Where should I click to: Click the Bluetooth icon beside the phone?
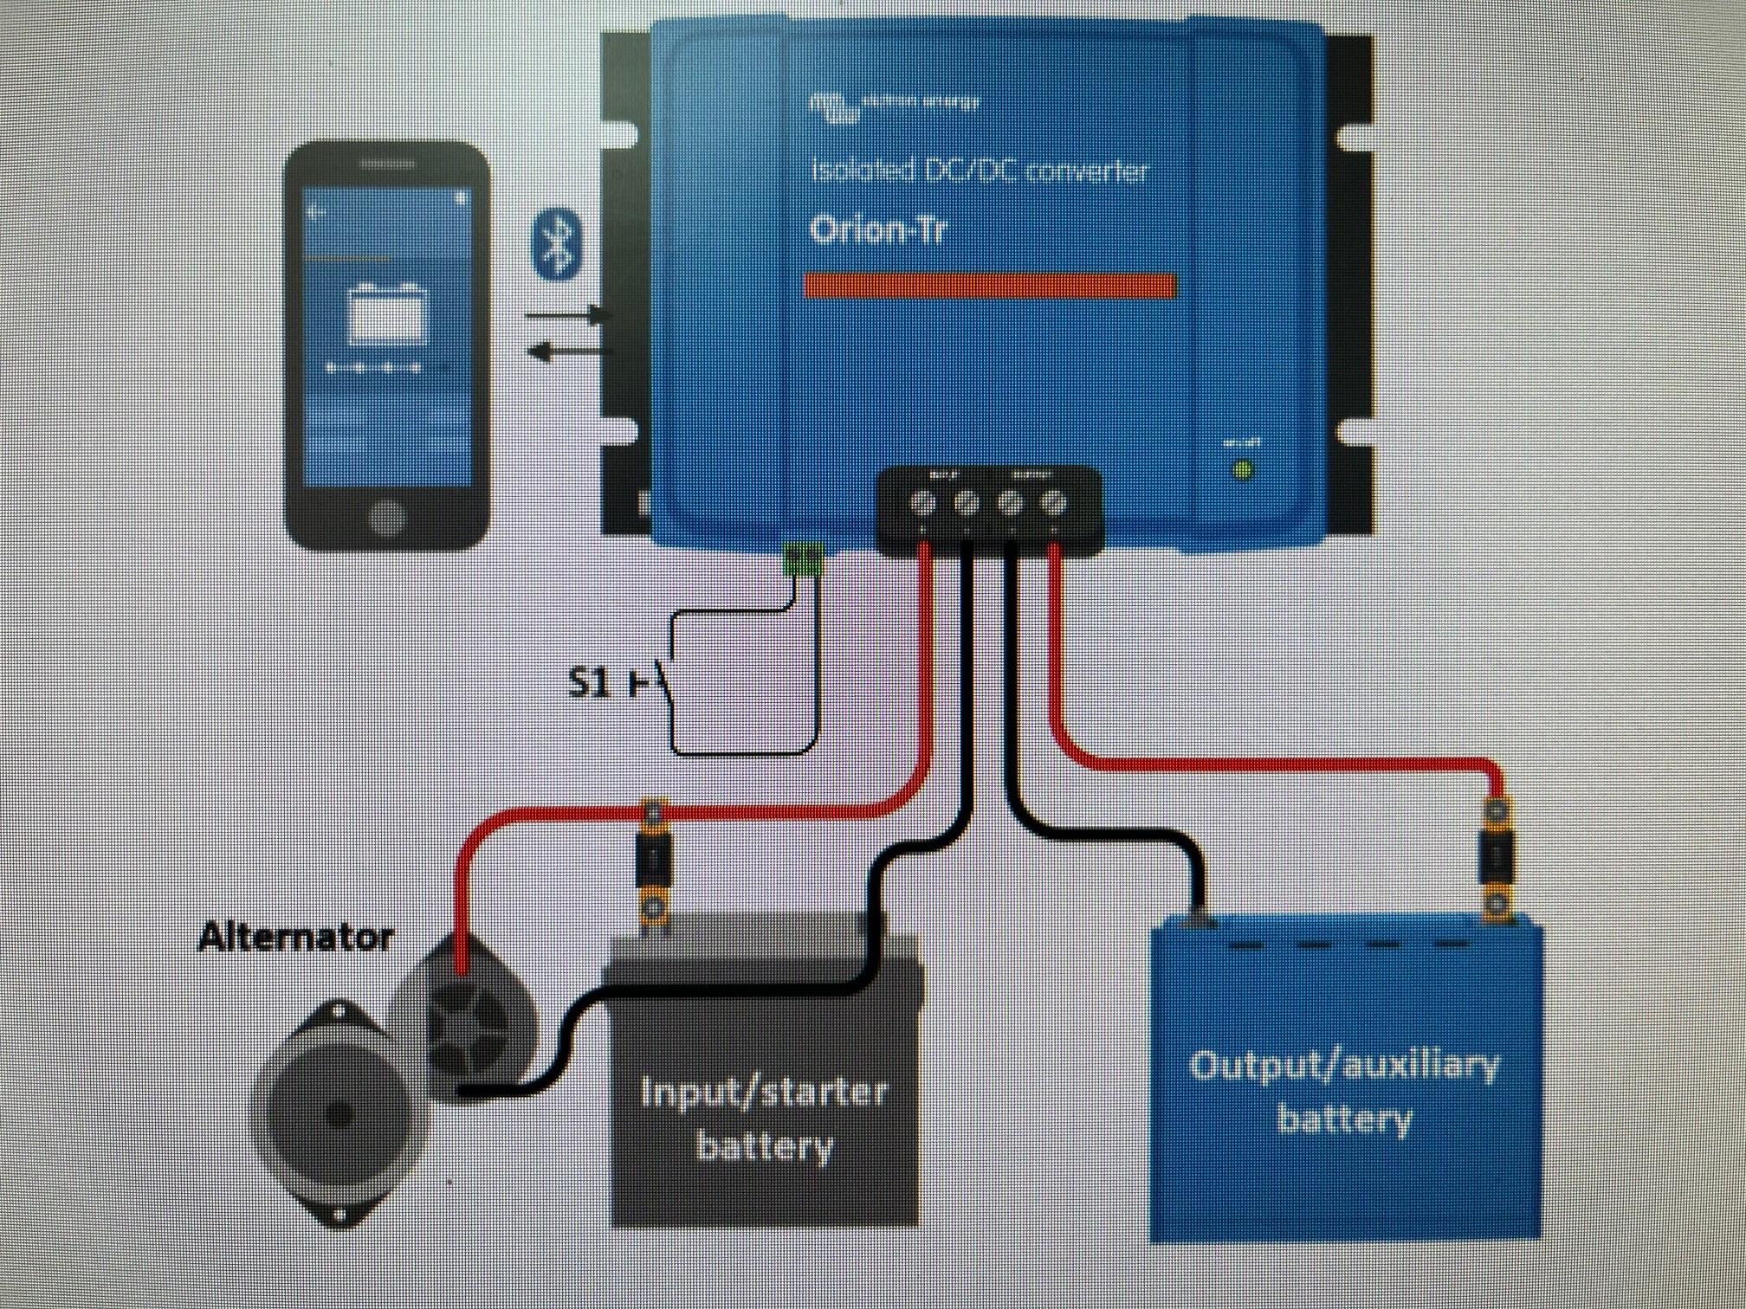point(555,243)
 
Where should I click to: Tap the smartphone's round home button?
point(386,517)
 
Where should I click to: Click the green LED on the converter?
point(1243,471)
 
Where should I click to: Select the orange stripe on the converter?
point(990,287)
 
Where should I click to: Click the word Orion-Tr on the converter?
point(876,231)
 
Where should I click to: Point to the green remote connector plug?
point(802,559)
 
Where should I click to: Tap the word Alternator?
point(296,938)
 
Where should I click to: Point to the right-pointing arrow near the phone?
point(567,316)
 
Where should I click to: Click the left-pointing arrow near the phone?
point(567,351)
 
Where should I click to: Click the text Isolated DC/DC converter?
point(979,171)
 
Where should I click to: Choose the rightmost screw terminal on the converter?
point(1052,502)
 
